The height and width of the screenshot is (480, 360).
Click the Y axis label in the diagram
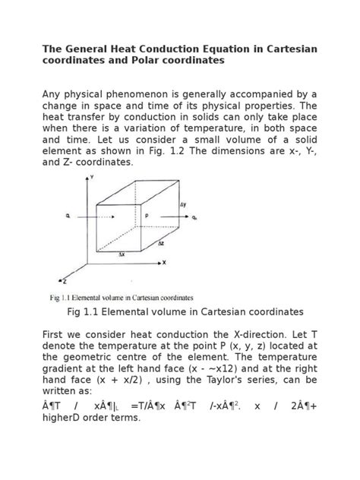pyautogui.click(x=92, y=177)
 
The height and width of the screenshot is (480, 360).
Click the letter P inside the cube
pyautogui.click(x=146, y=216)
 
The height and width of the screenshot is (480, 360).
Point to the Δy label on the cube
pyautogui.click(x=183, y=205)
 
